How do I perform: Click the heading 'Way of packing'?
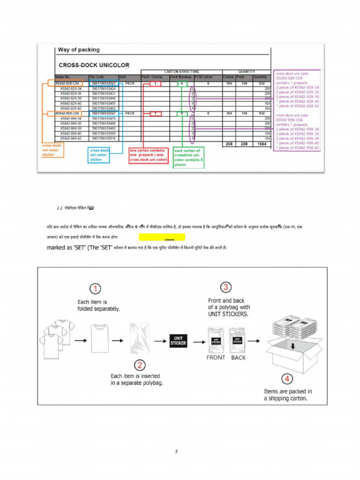(x=79, y=50)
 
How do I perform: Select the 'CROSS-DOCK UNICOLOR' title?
(x=94, y=65)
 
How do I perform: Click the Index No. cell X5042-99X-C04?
(x=67, y=113)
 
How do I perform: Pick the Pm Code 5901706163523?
(x=104, y=83)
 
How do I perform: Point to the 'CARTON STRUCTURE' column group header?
(x=181, y=72)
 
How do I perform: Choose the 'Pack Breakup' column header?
(x=181, y=77)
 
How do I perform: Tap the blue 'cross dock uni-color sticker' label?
(x=99, y=155)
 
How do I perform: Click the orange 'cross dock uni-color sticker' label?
(x=52, y=150)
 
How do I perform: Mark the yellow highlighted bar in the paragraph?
(x=162, y=237)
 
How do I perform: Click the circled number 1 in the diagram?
(x=96, y=288)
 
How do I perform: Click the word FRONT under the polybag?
(x=216, y=357)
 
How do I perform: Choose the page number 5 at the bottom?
(x=176, y=452)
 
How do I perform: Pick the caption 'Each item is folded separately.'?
(x=98, y=305)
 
